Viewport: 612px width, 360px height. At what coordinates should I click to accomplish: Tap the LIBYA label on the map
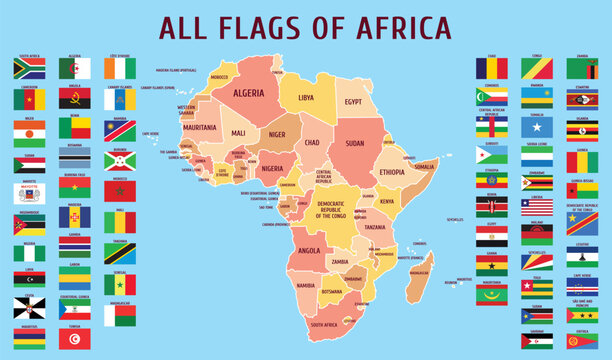pos(306,97)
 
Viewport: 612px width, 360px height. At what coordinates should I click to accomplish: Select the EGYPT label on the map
pos(353,102)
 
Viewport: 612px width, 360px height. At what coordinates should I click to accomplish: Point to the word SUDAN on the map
pos(354,142)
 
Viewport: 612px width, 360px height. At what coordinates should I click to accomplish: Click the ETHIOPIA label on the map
pos(392,172)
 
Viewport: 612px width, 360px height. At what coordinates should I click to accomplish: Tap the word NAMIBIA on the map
pos(306,286)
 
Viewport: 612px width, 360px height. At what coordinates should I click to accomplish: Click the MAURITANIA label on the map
pos(200,128)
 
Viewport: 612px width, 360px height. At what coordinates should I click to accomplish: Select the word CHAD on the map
pos(311,143)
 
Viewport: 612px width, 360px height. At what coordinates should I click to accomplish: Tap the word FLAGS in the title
pos(263,27)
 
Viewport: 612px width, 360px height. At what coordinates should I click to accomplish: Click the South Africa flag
pos(28,68)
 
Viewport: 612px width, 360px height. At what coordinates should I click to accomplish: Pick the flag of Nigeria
pos(28,253)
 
